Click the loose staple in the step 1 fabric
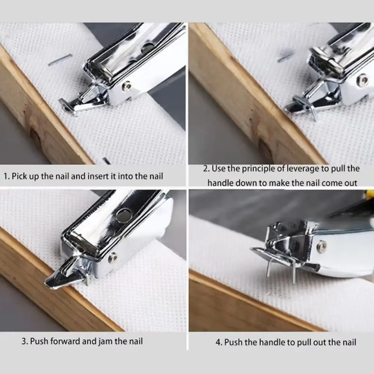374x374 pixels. (60, 59)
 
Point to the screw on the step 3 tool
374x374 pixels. (112, 257)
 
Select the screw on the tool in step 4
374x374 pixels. (321, 246)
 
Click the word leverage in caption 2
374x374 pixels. (302, 169)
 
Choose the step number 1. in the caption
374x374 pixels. (6, 176)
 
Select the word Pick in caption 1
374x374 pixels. (19, 176)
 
